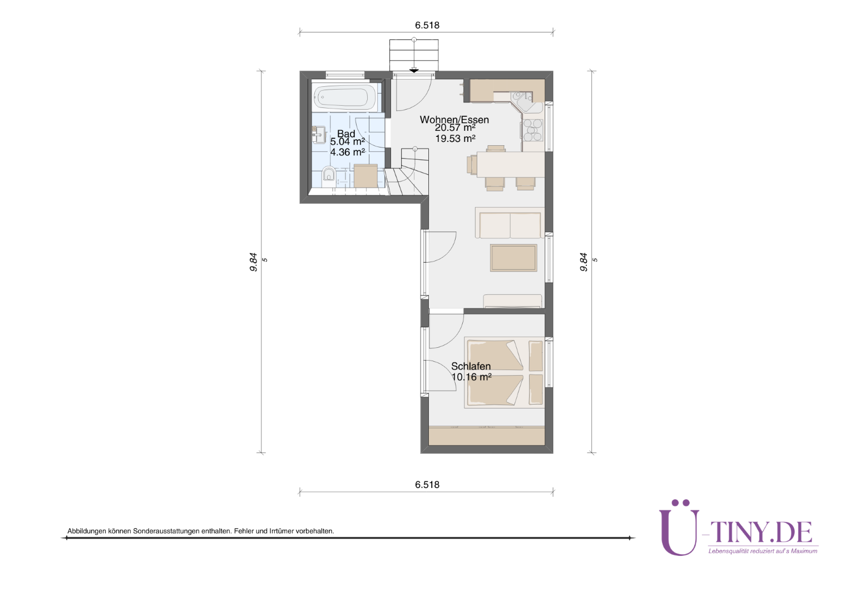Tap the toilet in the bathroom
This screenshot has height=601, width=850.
tap(329, 175)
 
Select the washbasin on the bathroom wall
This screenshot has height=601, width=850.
tap(319, 135)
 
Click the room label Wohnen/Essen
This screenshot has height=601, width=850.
tap(454, 120)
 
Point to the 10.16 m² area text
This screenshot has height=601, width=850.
tap(471, 377)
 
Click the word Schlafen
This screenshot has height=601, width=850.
tap(471, 366)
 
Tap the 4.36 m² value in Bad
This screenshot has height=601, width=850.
tap(347, 152)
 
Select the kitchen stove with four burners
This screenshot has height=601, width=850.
tap(533, 130)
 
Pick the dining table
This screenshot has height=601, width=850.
tap(510, 164)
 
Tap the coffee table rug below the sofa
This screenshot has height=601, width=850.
tap(513, 258)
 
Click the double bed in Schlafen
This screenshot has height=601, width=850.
tap(505, 372)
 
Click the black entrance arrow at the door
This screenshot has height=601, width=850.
tap(414, 71)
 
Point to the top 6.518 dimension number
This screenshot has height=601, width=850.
tap(427, 25)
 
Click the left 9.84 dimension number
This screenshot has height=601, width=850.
tap(254, 262)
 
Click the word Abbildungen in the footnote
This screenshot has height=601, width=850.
tap(87, 531)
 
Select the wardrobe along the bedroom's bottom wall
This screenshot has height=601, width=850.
tap(487, 436)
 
